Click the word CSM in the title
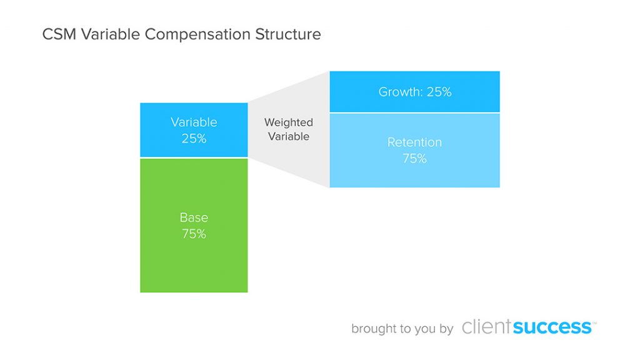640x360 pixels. point(58,34)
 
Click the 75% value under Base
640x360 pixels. point(194,234)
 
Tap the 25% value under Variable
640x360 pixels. point(194,139)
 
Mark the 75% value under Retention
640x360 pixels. point(414,159)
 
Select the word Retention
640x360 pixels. point(414,142)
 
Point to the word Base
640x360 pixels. point(194,218)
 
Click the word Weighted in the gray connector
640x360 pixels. point(289,122)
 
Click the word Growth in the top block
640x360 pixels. point(399,92)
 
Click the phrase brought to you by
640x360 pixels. point(402,329)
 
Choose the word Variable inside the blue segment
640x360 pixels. point(194,122)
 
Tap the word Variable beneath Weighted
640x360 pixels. point(289,136)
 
